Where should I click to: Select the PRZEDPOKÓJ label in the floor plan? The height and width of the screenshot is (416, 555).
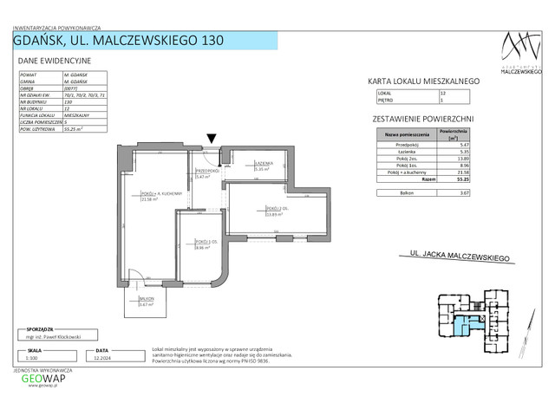point(206,172)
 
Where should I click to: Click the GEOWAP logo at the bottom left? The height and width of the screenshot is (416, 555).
point(42,378)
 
